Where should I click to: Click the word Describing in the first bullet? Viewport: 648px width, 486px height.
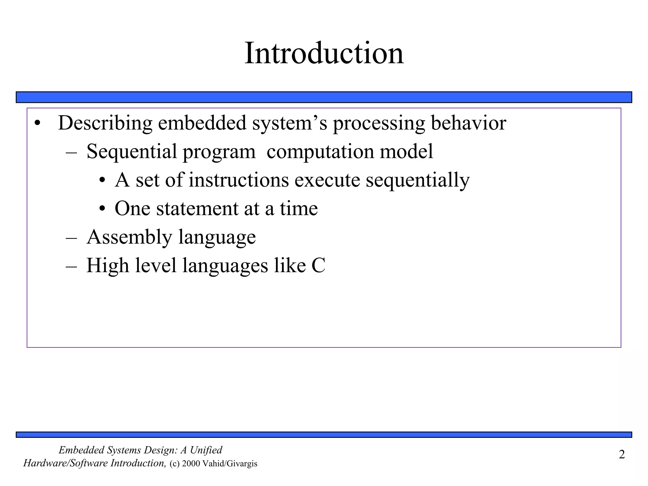coord(105,123)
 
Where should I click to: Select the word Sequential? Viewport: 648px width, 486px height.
coord(132,152)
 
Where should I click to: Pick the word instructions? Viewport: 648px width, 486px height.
coord(239,180)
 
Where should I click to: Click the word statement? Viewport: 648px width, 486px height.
coord(197,209)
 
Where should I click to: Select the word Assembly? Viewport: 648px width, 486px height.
coord(129,238)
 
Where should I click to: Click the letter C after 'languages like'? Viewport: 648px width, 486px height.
coord(318,265)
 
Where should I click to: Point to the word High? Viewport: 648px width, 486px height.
coord(108,266)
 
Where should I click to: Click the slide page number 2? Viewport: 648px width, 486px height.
coord(622,455)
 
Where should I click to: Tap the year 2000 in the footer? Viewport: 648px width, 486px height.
coord(191,464)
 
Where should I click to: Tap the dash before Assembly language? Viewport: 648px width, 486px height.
coord(72,238)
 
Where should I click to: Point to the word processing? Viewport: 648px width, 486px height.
coord(379,123)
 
